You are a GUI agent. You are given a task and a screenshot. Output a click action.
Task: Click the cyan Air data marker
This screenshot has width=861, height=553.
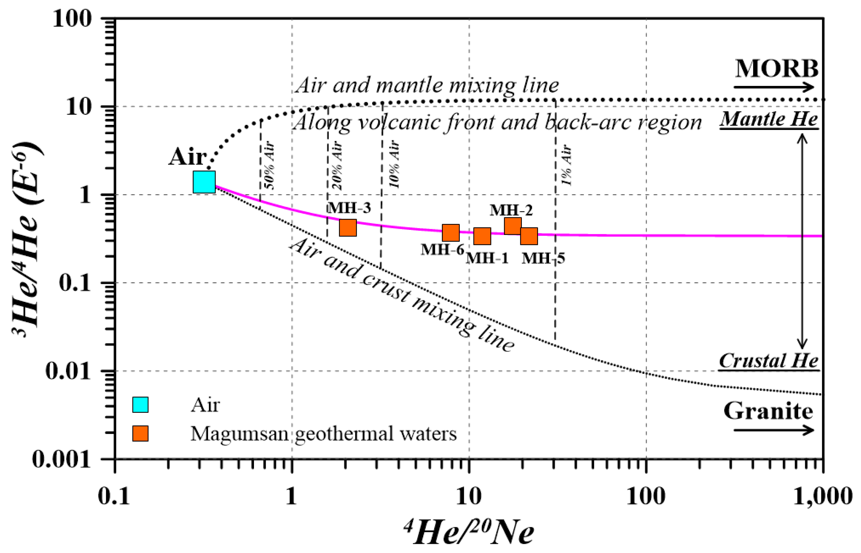click(204, 182)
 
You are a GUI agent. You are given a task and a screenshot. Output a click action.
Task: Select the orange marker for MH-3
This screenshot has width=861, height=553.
click(348, 228)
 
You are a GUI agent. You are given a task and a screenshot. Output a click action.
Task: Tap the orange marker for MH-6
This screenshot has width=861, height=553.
click(450, 232)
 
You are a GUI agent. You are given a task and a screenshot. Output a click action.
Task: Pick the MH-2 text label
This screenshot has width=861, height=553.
click(511, 210)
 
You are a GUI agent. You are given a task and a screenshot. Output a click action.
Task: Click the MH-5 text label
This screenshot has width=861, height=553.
click(543, 258)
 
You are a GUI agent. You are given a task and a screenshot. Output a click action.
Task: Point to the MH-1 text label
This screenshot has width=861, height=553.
click(487, 258)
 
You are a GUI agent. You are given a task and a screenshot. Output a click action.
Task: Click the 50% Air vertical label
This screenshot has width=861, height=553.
click(270, 165)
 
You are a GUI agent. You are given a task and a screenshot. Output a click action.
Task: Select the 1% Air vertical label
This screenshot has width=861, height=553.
click(567, 165)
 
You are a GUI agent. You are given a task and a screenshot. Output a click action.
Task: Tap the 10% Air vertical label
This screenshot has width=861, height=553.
click(394, 164)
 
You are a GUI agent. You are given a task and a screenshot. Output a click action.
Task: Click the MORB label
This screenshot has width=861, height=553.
click(777, 69)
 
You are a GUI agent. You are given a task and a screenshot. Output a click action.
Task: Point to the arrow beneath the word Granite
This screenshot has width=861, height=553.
click(774, 430)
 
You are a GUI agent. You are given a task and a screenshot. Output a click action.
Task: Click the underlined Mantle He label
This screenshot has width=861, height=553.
click(769, 119)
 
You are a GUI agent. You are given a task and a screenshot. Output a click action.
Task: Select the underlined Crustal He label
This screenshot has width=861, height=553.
click(769, 361)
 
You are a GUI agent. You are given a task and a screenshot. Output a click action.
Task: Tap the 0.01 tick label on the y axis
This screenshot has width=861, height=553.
click(68, 371)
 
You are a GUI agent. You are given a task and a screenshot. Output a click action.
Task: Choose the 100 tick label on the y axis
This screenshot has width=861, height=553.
click(72, 18)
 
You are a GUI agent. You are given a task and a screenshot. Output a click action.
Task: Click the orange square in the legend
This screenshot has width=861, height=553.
click(140, 434)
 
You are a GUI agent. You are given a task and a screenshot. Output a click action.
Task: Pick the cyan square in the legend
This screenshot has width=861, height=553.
click(140, 405)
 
